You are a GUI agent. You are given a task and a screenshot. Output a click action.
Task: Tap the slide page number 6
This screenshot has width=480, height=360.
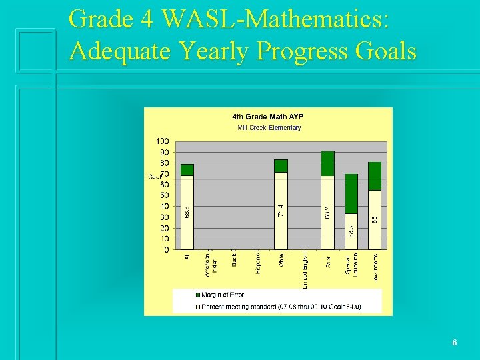pyautogui.click(x=454, y=343)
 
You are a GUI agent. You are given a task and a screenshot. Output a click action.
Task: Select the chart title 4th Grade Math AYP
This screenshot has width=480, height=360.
pyautogui.click(x=267, y=117)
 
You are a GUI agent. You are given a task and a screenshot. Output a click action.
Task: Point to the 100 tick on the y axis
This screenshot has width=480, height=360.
pyautogui.click(x=163, y=141)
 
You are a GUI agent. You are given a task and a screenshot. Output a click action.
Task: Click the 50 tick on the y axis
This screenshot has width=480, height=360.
pyautogui.click(x=164, y=195)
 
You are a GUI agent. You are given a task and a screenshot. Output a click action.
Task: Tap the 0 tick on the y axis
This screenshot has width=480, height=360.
pyautogui.click(x=166, y=249)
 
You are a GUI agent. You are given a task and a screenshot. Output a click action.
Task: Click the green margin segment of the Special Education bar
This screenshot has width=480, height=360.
pyautogui.click(x=351, y=194)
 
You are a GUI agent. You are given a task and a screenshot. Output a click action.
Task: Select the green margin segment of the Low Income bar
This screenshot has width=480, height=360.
pyautogui.click(x=375, y=176)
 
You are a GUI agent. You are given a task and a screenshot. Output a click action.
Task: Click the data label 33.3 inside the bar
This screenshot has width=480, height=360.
pyautogui.click(x=351, y=232)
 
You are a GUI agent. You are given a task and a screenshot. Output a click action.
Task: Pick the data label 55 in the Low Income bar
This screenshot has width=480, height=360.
pyautogui.click(x=375, y=219)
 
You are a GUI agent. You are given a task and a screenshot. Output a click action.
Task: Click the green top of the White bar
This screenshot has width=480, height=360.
pyautogui.click(x=281, y=166)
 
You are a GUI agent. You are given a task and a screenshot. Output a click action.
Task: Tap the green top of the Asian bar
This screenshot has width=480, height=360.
pyautogui.click(x=327, y=163)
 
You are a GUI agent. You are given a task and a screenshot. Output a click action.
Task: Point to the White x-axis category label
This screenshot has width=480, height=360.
pyautogui.click(x=281, y=259)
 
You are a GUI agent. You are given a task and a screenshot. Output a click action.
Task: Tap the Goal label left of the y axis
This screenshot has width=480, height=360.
pyautogui.click(x=154, y=177)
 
